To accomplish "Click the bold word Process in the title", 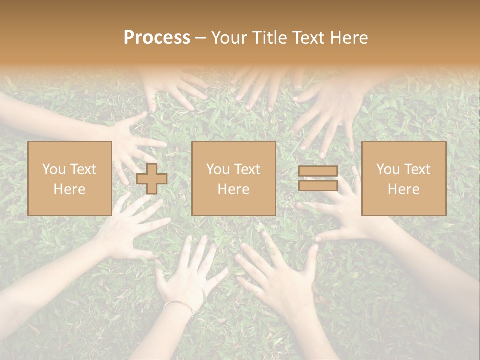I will tap(157, 38).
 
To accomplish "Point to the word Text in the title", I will tap(311, 38).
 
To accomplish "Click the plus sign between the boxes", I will tap(152, 179).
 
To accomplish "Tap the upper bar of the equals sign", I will tap(318, 171).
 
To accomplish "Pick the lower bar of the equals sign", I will tap(318, 185).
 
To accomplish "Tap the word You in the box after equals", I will tap(388, 169).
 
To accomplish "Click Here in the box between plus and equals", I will tap(234, 189).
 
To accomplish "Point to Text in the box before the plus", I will tap(84, 169).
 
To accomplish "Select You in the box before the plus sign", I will tap(53, 169).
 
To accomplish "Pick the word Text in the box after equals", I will tap(418, 169).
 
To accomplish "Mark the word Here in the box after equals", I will tap(404, 189).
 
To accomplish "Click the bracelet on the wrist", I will tap(179, 304).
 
